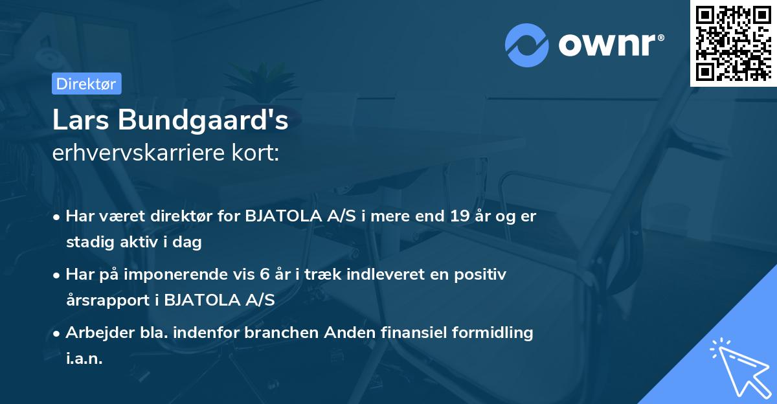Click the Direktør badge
click(x=87, y=84)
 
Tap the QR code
click(x=733, y=43)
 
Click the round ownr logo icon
click(x=526, y=45)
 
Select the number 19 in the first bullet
click(x=462, y=216)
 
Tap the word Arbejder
click(x=95, y=333)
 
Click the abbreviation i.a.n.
click(x=84, y=359)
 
